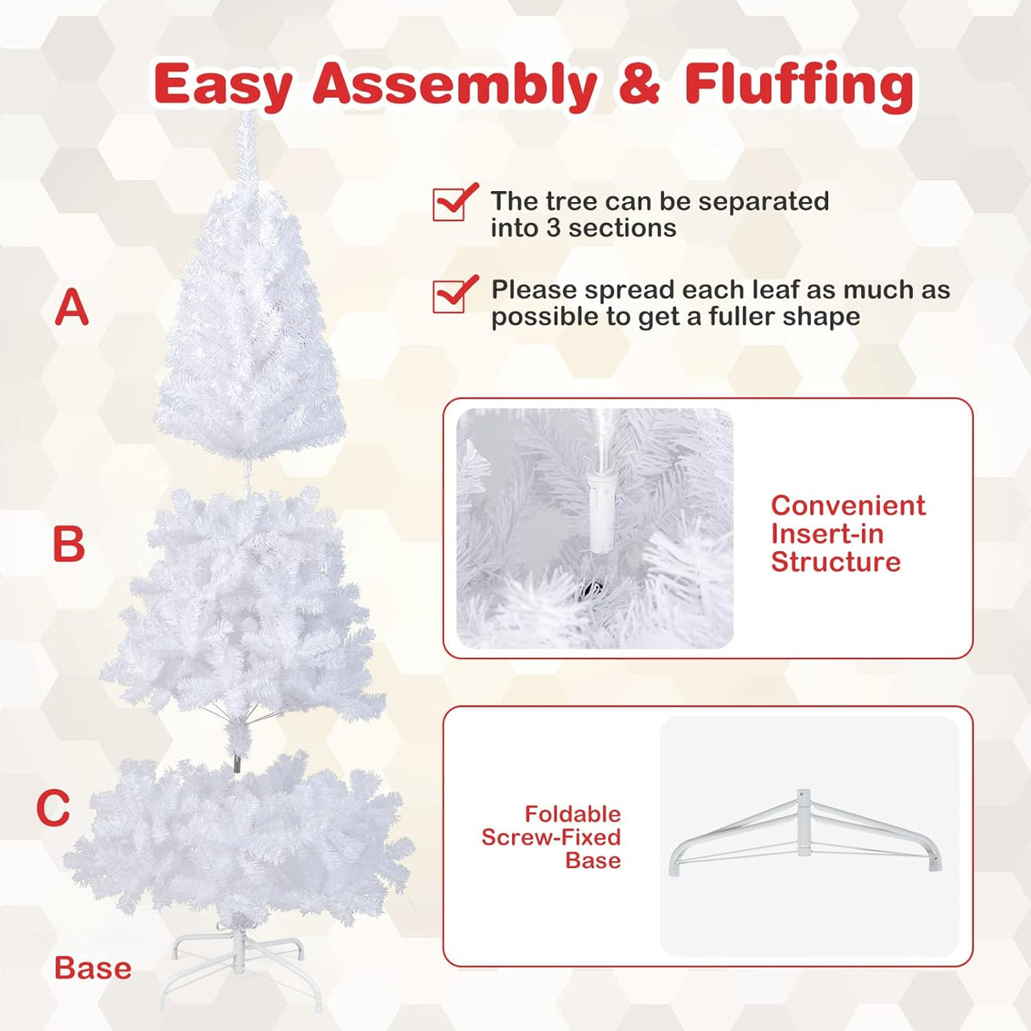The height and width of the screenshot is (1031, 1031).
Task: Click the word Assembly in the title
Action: tap(454, 86)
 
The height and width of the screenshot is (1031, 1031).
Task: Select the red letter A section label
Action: tap(71, 307)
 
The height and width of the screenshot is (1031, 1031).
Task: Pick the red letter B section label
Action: tap(69, 544)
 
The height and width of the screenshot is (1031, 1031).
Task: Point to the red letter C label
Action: tap(53, 808)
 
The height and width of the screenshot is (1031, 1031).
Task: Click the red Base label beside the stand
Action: tap(93, 968)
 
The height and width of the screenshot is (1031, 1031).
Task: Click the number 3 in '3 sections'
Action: tap(554, 228)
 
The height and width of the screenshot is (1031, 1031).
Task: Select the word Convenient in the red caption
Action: tap(848, 505)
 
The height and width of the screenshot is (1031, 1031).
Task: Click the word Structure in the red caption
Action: tap(836, 562)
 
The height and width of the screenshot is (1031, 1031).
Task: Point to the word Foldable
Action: tap(572, 814)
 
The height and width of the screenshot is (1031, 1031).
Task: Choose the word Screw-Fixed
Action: tap(551, 837)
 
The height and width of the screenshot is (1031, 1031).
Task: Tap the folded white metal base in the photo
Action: tap(804, 836)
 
